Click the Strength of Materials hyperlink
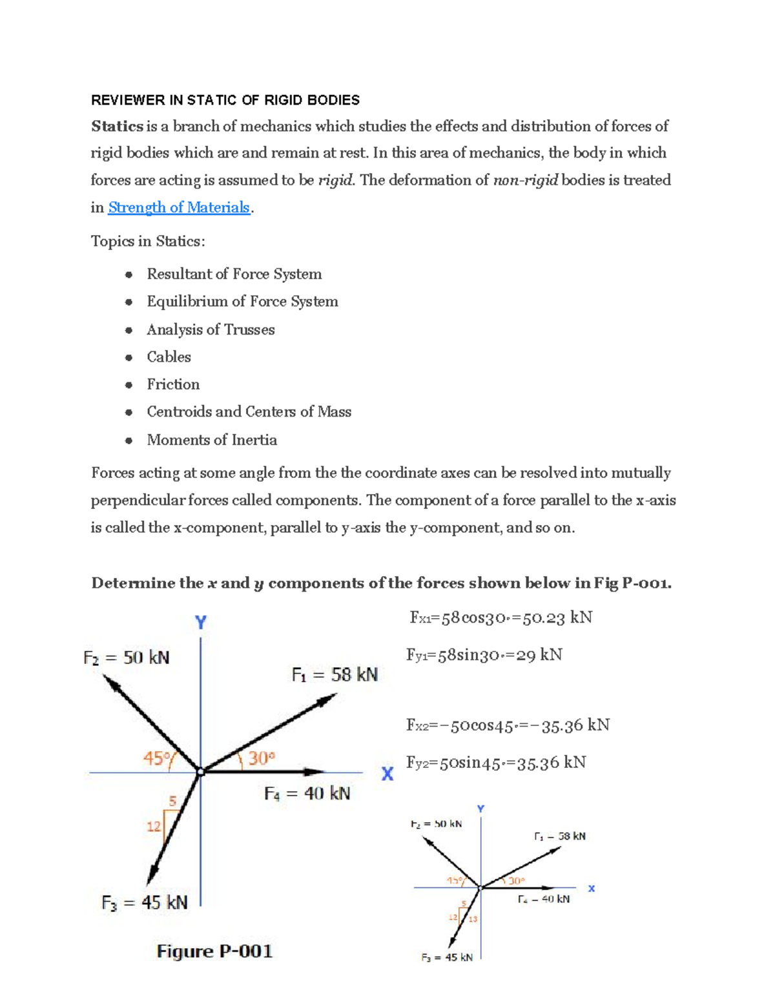179,207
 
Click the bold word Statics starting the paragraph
117,126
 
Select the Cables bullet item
169,357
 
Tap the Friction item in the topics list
173,384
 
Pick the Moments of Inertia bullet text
212,440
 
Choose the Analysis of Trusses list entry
211,329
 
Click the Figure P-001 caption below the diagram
214,951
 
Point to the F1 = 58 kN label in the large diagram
335,675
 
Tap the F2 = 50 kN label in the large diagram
127,657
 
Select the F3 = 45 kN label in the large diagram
145,902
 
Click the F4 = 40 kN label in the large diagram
307,793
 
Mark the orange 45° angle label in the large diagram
157,758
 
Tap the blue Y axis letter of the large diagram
201,623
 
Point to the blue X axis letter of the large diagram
387,774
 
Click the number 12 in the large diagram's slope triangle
153,826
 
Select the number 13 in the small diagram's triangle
473,919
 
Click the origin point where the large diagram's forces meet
201,772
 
